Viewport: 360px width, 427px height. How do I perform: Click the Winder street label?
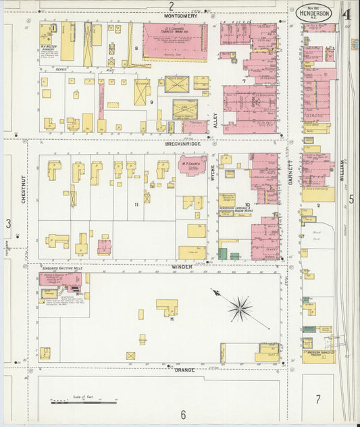coord(180,267)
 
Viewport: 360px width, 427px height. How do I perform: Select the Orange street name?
coord(184,370)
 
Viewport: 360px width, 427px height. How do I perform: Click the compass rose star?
coord(239,310)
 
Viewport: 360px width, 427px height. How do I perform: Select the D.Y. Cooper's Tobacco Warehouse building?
coord(175,41)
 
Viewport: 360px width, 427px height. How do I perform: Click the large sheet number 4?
coord(346,13)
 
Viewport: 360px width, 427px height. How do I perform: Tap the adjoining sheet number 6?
coord(182,414)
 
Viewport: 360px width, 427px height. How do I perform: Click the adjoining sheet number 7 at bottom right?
coord(317,399)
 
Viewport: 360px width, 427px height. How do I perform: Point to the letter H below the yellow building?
coord(172,319)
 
